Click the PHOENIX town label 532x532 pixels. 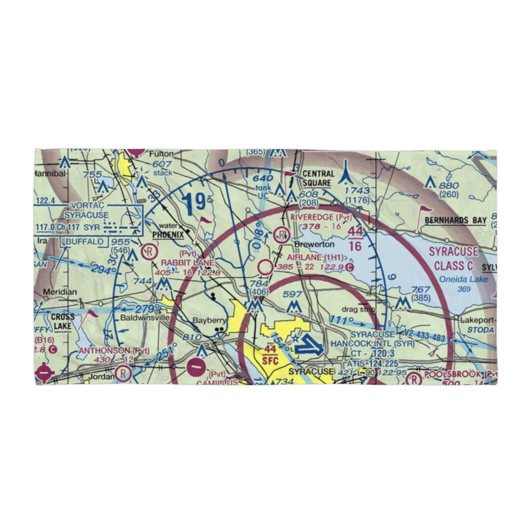169,234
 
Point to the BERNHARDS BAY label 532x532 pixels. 459,220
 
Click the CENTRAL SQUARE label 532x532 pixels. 318,178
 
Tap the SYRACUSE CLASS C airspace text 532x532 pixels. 453,259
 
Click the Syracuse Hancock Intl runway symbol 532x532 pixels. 308,348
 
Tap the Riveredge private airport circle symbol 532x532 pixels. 281,233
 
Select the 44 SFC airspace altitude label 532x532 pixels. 270,354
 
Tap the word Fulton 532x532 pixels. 161,153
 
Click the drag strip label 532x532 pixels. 359,309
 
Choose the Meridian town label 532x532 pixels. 60,292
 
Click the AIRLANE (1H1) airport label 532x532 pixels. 314,257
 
